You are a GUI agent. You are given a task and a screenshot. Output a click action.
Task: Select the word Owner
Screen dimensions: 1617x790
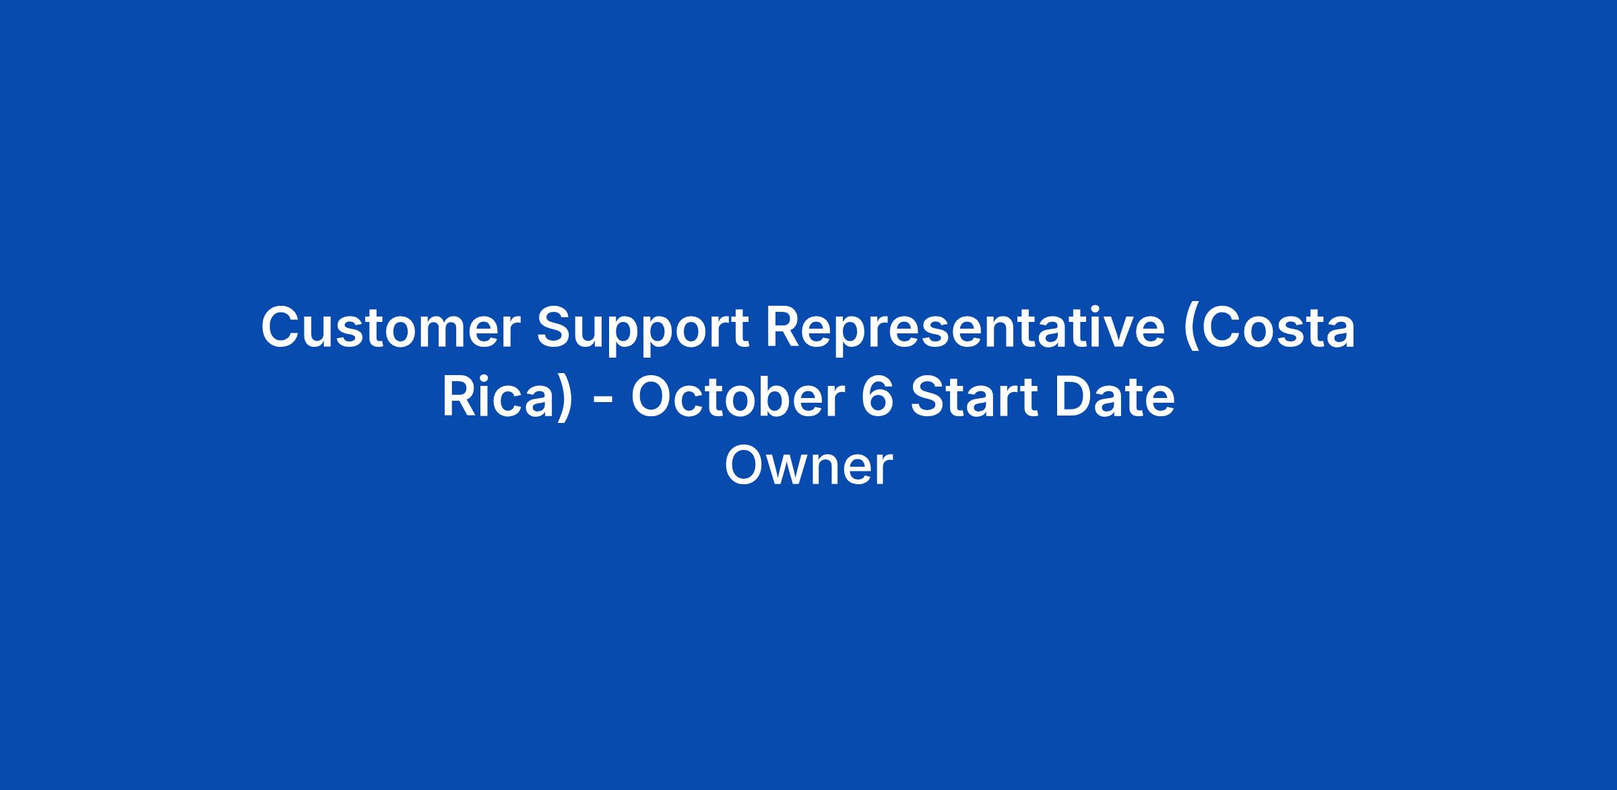click(x=808, y=466)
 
